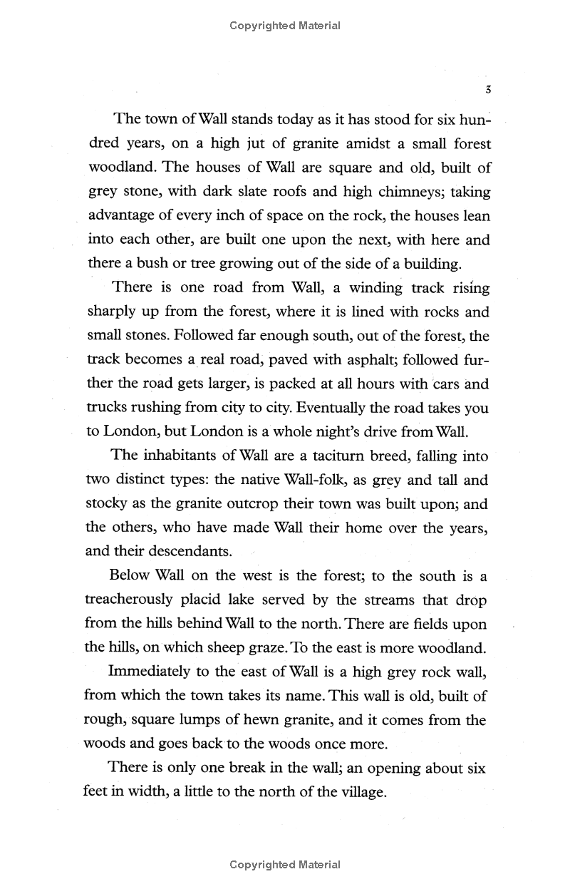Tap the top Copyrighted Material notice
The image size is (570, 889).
[285, 26]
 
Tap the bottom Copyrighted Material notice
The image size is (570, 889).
[285, 865]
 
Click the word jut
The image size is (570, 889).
[256, 144]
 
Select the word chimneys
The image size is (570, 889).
[409, 192]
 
